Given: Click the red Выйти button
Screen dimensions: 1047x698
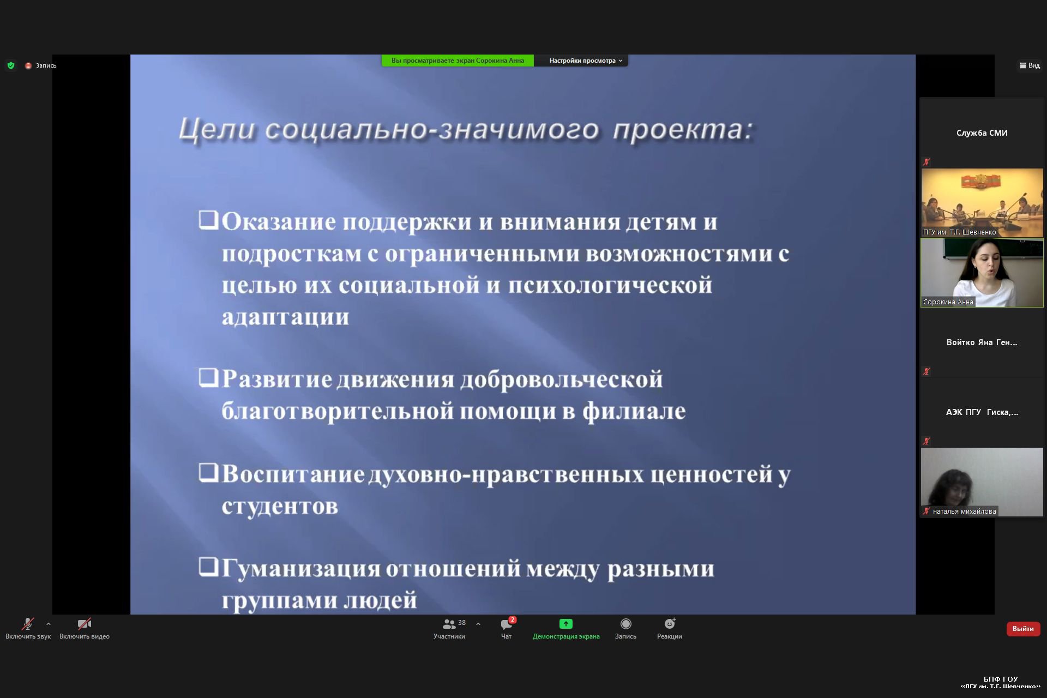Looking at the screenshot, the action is (x=1023, y=629).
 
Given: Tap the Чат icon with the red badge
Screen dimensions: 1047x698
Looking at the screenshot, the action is (x=507, y=624).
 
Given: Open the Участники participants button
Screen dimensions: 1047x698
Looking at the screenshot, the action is (x=449, y=629).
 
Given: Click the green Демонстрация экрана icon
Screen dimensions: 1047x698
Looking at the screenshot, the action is (x=566, y=624).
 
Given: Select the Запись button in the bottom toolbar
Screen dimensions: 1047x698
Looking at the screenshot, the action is (x=625, y=629).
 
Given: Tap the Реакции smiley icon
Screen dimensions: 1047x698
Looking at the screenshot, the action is (x=670, y=624).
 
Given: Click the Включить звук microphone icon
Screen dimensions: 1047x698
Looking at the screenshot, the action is (x=27, y=624).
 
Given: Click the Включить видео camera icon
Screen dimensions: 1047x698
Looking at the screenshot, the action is (x=85, y=624).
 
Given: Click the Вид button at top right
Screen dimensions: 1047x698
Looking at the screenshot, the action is (x=1030, y=65).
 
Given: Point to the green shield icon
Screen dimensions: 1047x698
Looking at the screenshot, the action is (x=11, y=65).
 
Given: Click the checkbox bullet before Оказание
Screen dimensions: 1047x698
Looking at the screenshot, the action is (x=208, y=220).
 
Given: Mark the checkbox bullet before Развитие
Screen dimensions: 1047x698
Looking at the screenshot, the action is (x=208, y=377).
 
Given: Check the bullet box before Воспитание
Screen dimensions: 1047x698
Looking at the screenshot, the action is (x=208, y=472).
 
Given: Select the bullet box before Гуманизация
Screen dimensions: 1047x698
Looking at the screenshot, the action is (x=208, y=567).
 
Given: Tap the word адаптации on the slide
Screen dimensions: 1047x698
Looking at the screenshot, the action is (x=285, y=317).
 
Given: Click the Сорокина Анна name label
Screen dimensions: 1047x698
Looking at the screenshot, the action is (x=948, y=302).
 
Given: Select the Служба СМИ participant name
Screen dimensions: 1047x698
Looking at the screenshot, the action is (x=982, y=133).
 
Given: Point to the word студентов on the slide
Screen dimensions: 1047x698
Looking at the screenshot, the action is (x=280, y=506).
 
